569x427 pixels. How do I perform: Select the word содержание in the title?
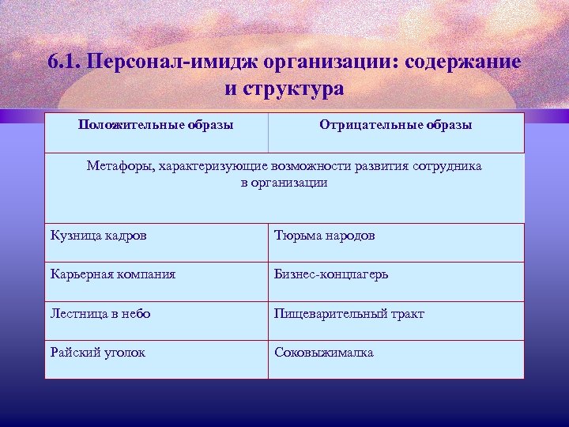pyautogui.click(x=458, y=62)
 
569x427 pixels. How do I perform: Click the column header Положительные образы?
pyautogui.click(x=156, y=125)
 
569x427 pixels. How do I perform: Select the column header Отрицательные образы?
pyautogui.click(x=396, y=125)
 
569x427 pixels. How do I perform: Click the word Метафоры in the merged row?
pyautogui.click(x=119, y=167)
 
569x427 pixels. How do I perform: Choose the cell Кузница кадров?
pyautogui.click(x=98, y=236)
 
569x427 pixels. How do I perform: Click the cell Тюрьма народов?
pyautogui.click(x=325, y=236)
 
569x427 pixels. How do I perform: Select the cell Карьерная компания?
pyautogui.click(x=113, y=274)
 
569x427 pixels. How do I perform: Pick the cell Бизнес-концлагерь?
pyautogui.click(x=331, y=274)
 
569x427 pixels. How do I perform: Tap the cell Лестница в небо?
pyautogui.click(x=100, y=313)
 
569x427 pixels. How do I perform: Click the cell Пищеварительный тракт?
pyautogui.click(x=349, y=313)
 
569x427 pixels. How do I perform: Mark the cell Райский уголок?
pyautogui.click(x=98, y=353)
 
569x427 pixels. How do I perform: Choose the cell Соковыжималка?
pyautogui.click(x=324, y=353)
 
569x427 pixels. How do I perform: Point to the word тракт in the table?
pyautogui.click(x=406, y=313)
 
